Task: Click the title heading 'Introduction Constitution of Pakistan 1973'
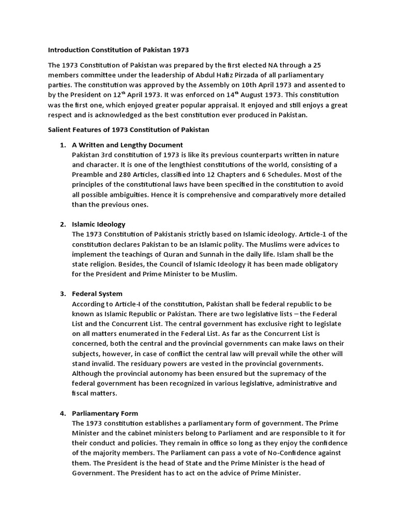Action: click(118, 50)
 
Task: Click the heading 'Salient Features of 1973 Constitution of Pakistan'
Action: click(129, 130)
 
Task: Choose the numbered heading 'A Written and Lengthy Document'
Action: click(127, 145)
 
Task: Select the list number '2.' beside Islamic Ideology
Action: click(63, 224)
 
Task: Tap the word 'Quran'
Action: click(193, 254)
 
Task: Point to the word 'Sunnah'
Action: click(227, 254)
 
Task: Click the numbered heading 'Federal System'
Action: click(97, 293)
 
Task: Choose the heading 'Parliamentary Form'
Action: click(105, 413)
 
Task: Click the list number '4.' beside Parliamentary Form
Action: click(63, 413)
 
